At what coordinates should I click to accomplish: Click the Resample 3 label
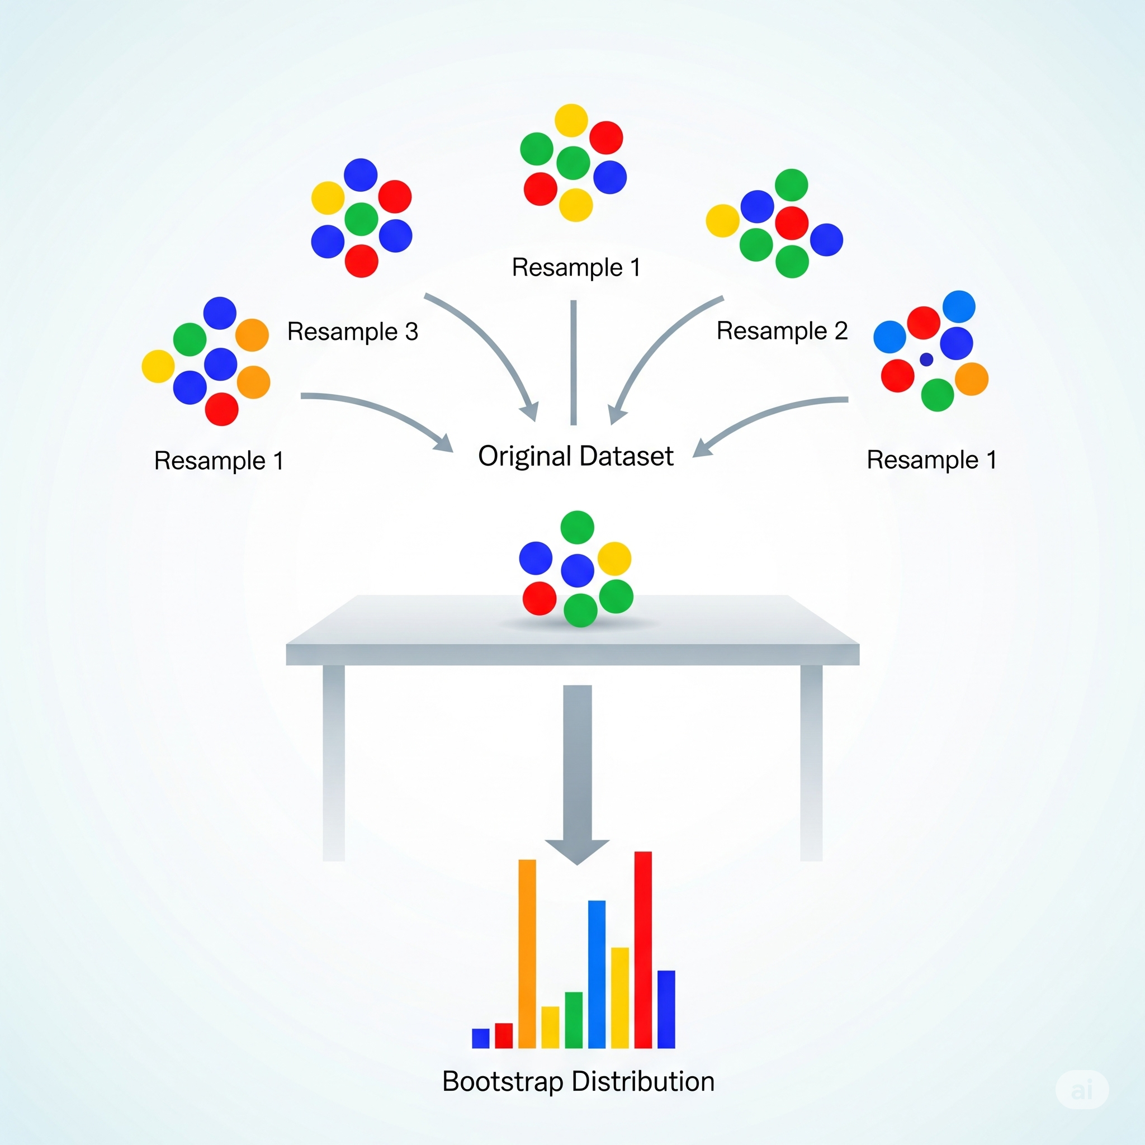tap(353, 332)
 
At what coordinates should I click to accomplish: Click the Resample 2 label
tap(782, 332)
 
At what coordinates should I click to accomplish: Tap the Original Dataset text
tap(575, 456)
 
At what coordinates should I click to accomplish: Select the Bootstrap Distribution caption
tap(578, 1082)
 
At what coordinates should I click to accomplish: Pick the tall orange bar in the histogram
tap(527, 954)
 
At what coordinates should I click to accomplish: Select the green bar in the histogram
tap(573, 1020)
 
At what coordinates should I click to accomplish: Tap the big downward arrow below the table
tap(577, 770)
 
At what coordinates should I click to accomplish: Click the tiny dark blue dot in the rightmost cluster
tap(926, 359)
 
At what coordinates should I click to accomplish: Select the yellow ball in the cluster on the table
tap(614, 559)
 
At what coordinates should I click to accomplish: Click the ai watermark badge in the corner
tap(1082, 1089)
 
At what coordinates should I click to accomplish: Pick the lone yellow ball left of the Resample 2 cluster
tap(722, 221)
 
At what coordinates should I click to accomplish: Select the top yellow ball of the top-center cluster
tap(571, 121)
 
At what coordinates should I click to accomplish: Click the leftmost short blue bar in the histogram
tap(480, 1038)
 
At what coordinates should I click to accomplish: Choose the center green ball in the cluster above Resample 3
tap(362, 219)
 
